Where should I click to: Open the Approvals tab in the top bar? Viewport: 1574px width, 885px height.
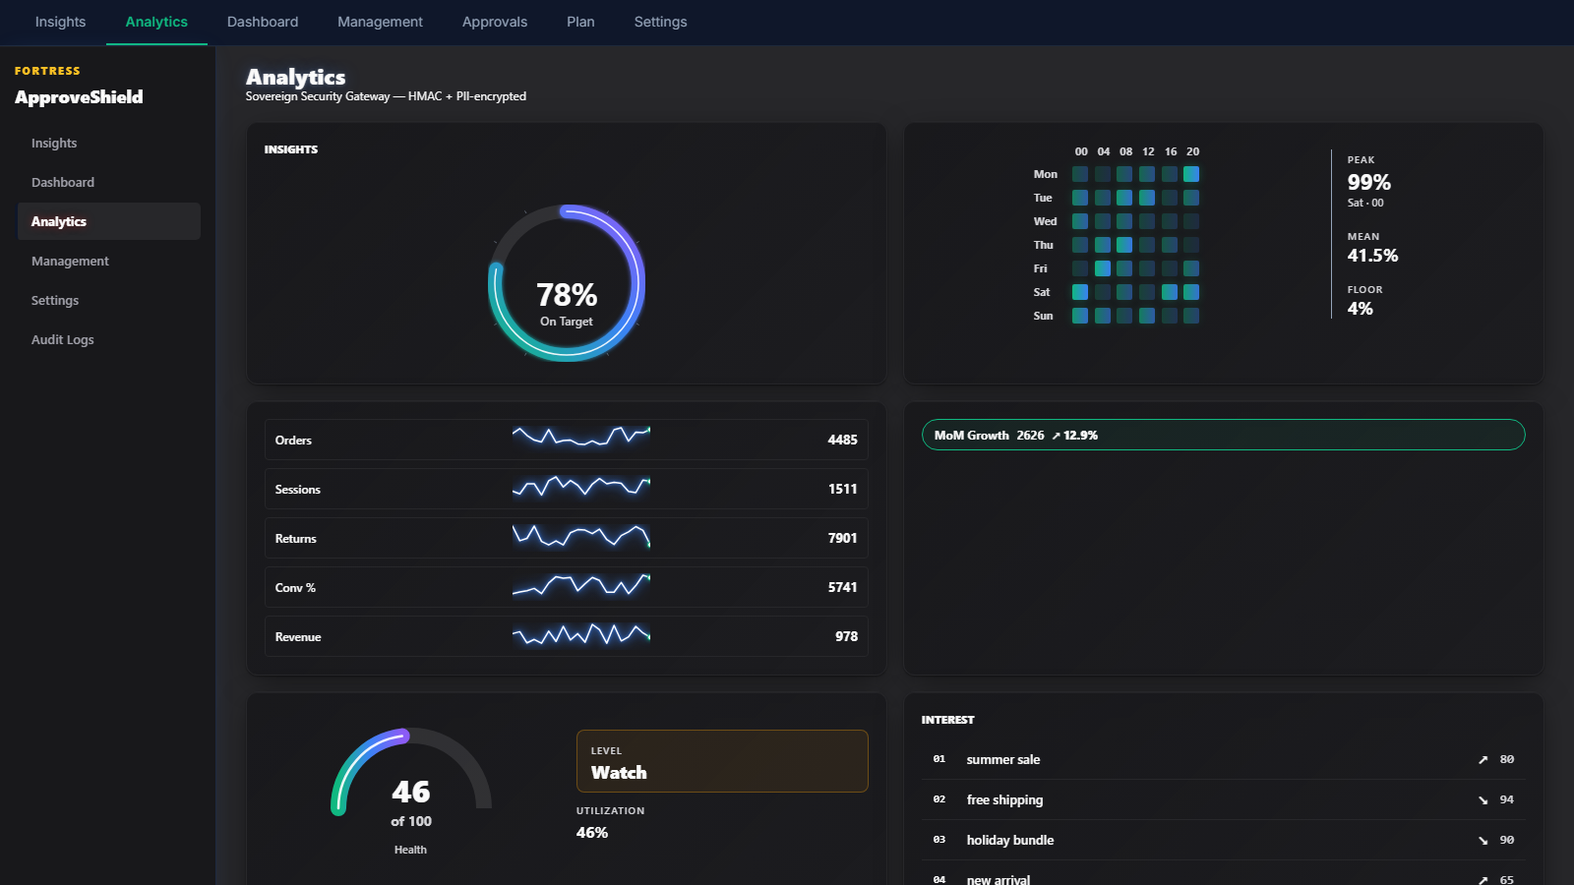click(495, 22)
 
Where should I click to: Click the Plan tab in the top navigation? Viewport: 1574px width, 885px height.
click(580, 22)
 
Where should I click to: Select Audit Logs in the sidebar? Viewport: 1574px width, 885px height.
click(63, 339)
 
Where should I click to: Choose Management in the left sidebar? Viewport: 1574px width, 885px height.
click(70, 261)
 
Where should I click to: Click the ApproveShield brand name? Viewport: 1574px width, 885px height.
click(79, 97)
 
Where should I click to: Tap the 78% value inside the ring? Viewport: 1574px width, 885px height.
click(567, 295)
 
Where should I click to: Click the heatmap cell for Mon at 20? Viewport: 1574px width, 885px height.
click(1191, 174)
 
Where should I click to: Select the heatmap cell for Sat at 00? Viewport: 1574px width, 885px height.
click(1080, 292)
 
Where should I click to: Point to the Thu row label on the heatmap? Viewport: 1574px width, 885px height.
click(1044, 245)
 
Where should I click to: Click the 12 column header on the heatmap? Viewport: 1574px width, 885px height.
click(1148, 151)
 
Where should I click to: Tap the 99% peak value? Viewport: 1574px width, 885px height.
click(1368, 182)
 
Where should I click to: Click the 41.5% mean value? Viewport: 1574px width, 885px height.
click(1372, 255)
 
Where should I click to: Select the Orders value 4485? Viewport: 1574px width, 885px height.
click(842, 440)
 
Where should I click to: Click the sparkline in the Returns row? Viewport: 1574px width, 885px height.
click(581, 537)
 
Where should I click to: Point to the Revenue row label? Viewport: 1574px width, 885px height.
click(298, 637)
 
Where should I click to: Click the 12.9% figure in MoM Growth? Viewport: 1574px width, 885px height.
click(1080, 436)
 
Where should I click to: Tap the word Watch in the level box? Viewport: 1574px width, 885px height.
click(619, 773)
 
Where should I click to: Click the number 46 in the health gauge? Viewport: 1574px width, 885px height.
click(410, 792)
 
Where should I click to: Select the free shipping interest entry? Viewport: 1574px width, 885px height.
click(1004, 800)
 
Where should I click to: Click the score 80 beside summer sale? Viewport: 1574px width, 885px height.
click(1506, 759)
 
